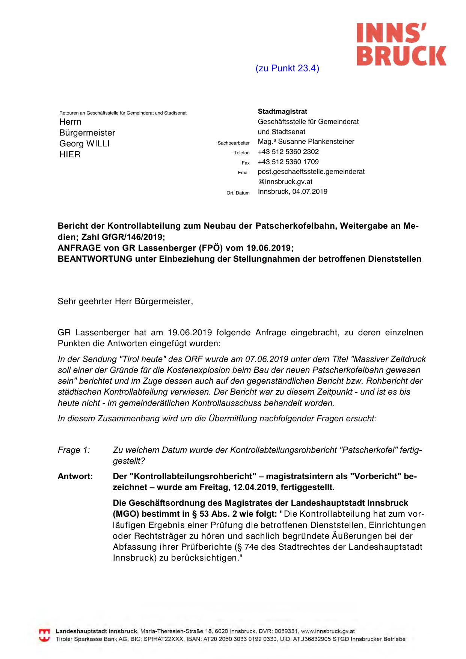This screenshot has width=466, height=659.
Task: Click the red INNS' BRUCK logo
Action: pos(401,44)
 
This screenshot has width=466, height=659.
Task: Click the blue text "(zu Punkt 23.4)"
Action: pos(287,68)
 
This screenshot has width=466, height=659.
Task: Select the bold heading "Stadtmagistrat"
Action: pos(282,112)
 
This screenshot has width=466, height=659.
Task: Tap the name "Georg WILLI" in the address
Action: pos(84,143)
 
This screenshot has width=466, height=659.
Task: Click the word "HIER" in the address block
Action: pos(70,154)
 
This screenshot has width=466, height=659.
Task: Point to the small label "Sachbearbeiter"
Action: pos(234,143)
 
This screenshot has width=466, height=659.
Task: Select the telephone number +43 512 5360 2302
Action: pos(288,152)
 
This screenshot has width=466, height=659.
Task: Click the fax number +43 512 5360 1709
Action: pos(288,162)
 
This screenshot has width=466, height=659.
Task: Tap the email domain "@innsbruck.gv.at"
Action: pos(285,182)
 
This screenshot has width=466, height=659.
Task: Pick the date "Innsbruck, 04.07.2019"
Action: pos(293,192)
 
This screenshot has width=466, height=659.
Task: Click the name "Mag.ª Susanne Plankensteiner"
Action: pos(306,142)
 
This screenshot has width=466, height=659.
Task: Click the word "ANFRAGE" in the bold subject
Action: pos(79,248)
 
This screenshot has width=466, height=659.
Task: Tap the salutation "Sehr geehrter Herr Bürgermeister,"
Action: pos(125,301)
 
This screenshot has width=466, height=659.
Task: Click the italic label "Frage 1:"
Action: pos(74,450)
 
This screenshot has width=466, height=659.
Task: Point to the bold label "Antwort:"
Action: pos(75,476)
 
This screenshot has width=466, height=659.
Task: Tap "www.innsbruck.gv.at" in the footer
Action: pos(328,632)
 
